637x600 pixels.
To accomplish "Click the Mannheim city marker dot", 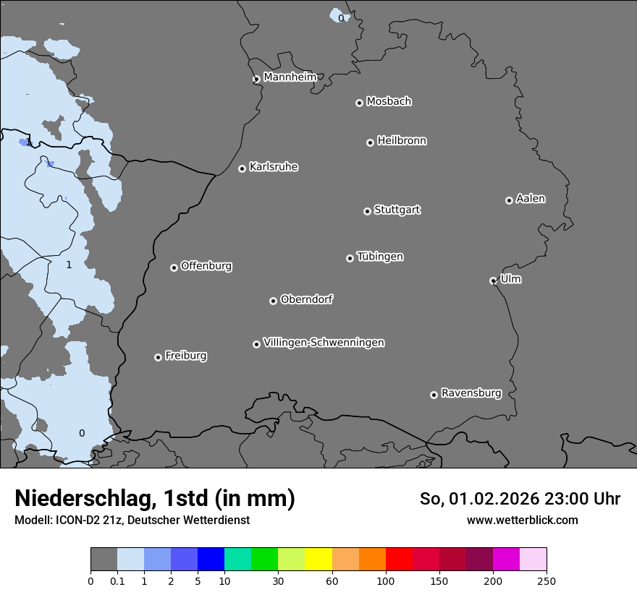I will [x=256, y=80].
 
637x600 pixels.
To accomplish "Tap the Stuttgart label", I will [x=397, y=210].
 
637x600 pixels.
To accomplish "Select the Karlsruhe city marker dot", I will [x=242, y=168].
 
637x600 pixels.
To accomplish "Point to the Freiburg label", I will [x=185, y=356].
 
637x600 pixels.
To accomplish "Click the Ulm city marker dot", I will [x=494, y=280].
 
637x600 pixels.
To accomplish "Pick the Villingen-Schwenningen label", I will [x=324, y=343].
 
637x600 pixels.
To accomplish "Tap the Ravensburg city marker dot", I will [x=434, y=395].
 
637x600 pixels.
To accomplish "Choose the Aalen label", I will [x=531, y=199].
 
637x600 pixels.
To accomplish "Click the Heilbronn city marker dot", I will [x=370, y=142].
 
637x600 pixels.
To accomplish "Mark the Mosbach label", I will [x=389, y=102].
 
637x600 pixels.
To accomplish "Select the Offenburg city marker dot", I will [x=174, y=267].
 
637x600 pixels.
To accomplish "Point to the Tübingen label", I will [x=380, y=257].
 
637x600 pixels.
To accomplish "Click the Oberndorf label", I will [x=306, y=299].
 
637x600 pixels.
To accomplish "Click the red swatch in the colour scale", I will [x=399, y=560].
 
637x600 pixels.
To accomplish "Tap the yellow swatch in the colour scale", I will [x=318, y=560].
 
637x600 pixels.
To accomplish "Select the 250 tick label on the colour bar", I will [x=547, y=580].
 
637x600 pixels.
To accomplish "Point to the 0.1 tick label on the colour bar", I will [x=117, y=580].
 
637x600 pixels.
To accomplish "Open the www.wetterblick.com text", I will [x=523, y=520].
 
